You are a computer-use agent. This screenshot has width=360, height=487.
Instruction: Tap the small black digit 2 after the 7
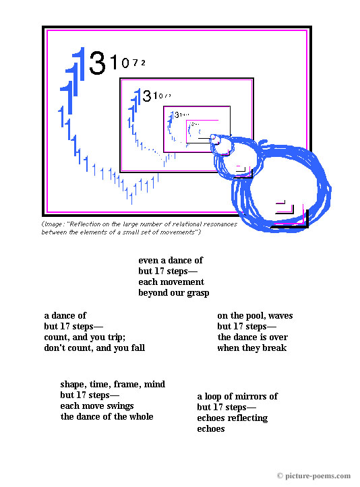(143, 63)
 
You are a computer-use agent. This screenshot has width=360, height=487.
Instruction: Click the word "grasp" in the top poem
(196, 293)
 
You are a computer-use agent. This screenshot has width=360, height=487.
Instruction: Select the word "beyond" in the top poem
(153, 293)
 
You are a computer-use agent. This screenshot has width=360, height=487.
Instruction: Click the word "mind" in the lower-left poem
(154, 385)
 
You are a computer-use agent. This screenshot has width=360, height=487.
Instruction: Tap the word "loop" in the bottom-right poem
(215, 396)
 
